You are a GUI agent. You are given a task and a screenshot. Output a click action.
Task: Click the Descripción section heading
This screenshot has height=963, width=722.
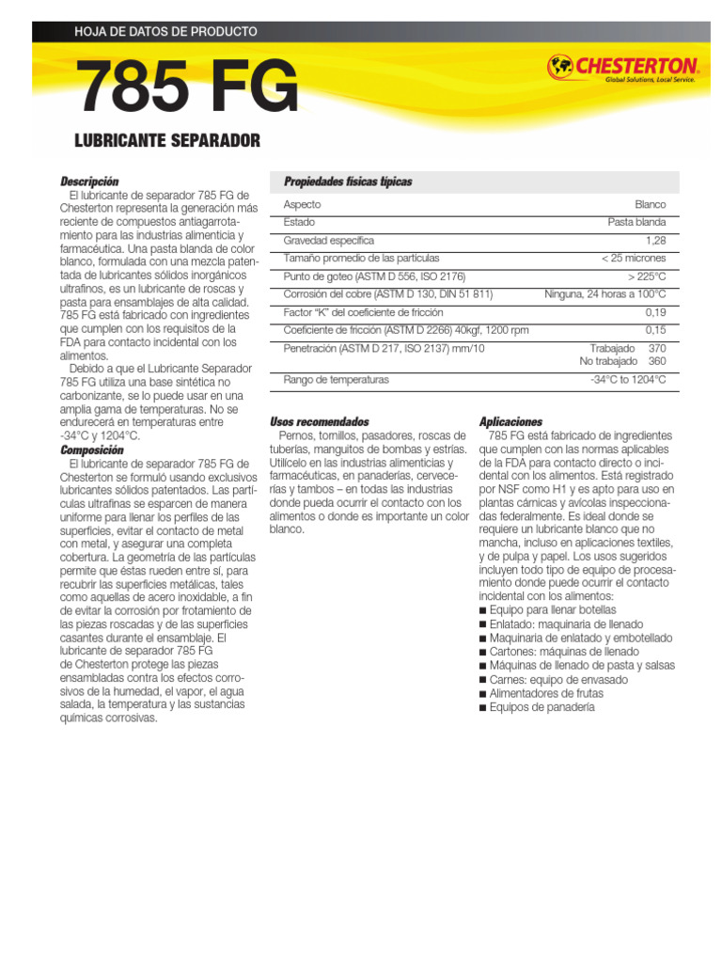(89, 181)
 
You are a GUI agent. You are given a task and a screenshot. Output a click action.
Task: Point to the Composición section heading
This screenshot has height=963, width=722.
(91, 450)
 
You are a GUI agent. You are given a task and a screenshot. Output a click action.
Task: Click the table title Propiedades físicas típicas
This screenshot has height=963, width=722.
(348, 182)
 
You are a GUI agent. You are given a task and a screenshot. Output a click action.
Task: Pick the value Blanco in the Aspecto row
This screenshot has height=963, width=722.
(650, 204)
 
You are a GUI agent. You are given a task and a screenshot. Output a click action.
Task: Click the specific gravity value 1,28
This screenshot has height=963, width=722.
(655, 240)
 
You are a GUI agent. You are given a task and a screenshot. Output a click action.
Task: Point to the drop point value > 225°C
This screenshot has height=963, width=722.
(647, 276)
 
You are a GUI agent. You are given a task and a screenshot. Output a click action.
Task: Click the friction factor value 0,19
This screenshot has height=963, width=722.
(655, 311)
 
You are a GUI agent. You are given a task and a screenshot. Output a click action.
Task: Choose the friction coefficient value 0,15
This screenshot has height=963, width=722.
(655, 329)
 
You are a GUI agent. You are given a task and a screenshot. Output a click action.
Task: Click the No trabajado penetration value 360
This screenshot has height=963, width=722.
(657, 361)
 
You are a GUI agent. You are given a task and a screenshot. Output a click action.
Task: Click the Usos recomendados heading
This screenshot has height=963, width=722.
(320, 421)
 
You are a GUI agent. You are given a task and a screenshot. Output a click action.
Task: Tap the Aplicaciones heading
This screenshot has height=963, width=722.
(510, 421)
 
